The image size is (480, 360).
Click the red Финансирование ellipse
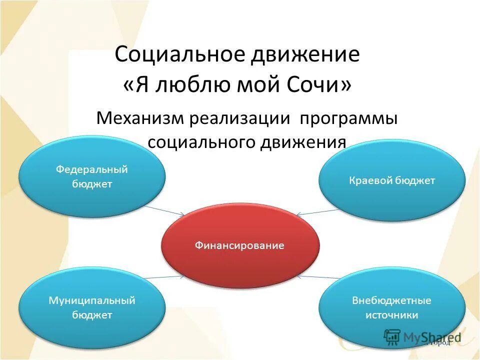pyautogui.click(x=240, y=245)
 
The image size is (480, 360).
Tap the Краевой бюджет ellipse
pyautogui.click(x=392, y=180)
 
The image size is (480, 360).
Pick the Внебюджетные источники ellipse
pyautogui.click(x=391, y=307)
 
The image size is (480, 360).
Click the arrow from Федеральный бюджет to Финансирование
pyautogui.click(x=164, y=210)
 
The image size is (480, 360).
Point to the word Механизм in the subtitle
pyautogui.click(x=140, y=119)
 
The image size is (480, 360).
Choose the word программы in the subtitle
pyautogui.click(x=348, y=119)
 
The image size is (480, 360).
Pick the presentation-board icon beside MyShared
pyautogui.click(x=392, y=337)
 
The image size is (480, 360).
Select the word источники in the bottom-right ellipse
pyautogui.click(x=391, y=315)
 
